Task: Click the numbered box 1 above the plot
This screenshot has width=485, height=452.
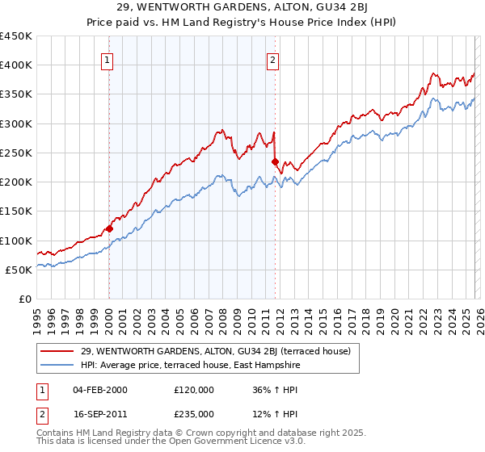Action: point(108,59)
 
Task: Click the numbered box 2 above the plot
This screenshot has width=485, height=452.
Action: point(274,59)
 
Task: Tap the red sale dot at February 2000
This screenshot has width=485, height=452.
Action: point(109,228)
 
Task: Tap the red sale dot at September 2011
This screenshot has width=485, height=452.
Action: point(276,161)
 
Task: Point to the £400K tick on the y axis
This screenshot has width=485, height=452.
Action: point(16,65)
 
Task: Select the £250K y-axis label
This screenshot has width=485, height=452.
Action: point(16,153)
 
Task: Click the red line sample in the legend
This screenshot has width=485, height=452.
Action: point(57,351)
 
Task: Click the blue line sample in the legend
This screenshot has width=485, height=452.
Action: point(57,365)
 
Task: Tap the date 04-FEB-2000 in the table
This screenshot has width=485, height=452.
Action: point(99,390)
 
